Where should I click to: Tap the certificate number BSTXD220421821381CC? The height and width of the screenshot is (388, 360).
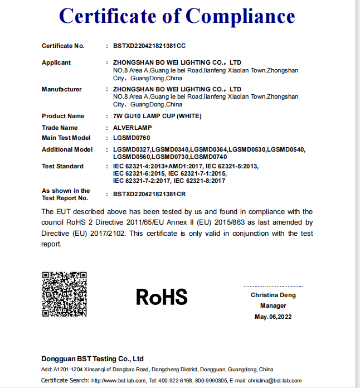pos(149,46)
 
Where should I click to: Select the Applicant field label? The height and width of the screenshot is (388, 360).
pos(56,63)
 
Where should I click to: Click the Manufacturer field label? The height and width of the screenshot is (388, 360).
pos(62,89)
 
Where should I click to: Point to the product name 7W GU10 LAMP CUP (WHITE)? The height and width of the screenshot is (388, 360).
pos(157,116)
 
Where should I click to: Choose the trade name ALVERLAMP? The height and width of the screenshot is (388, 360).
pos(132,128)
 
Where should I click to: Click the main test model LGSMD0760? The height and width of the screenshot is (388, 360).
pos(131,138)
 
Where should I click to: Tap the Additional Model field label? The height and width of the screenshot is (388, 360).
pos(67,149)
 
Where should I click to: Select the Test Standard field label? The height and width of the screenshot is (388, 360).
pos(62,166)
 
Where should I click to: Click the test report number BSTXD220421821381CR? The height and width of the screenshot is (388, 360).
pos(149,194)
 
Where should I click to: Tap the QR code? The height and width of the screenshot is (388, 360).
pos(65,294)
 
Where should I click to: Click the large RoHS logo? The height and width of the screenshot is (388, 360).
pos(162,297)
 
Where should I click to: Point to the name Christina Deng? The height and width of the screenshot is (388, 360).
pos(273,295)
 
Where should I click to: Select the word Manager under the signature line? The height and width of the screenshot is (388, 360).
pos(273,305)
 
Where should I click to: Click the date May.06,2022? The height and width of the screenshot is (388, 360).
pos(273,317)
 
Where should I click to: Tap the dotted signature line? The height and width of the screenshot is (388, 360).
pos(273,286)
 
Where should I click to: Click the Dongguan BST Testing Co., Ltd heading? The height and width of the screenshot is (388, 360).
pos(93,358)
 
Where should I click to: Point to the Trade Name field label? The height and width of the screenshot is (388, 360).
pos(60,128)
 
